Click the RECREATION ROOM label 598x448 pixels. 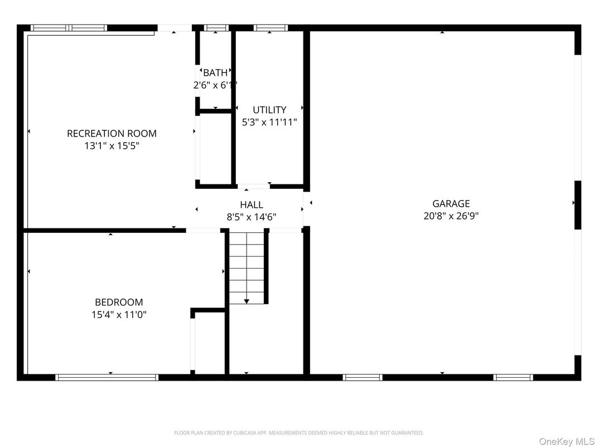coord(112,133)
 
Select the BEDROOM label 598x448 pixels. coord(119,302)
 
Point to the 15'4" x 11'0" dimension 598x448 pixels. coord(119,315)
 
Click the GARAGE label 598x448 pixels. coord(451,203)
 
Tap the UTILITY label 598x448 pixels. coord(269,110)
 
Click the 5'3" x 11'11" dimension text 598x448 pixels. coord(269,122)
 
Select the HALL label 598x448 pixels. coord(252,204)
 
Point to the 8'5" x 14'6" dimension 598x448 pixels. coord(252,217)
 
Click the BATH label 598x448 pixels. coord(215,72)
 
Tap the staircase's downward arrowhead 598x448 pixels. coord(247,301)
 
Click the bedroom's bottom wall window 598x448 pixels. coord(107,377)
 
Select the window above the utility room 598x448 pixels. coord(271,27)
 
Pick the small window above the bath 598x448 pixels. coord(216,27)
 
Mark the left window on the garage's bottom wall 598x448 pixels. coord(363,377)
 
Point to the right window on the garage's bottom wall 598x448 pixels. coord(513,377)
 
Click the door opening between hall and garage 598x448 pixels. coord(306,208)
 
